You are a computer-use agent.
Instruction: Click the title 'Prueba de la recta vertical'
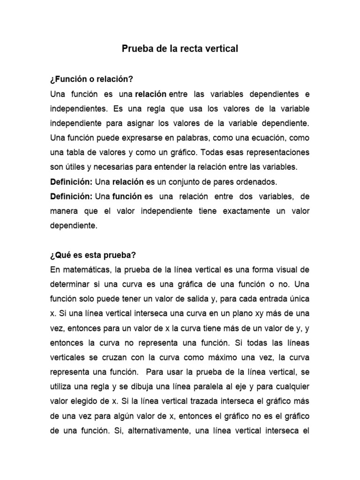click(180, 49)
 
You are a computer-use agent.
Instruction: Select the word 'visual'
click(286, 270)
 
